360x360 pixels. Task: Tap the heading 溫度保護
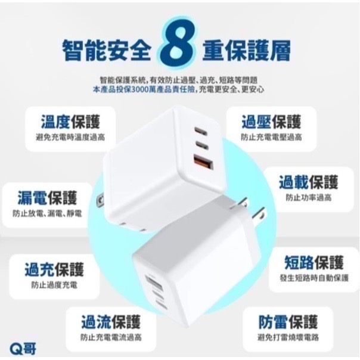coord(70,122)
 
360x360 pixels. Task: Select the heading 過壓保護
coord(271,122)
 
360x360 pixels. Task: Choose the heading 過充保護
coord(54,270)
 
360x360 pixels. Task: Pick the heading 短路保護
coord(314,263)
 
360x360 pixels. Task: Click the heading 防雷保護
coord(288,322)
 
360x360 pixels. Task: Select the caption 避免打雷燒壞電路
coord(288,337)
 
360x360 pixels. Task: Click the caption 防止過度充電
coord(54,285)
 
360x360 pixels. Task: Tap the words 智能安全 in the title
coord(105,51)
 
